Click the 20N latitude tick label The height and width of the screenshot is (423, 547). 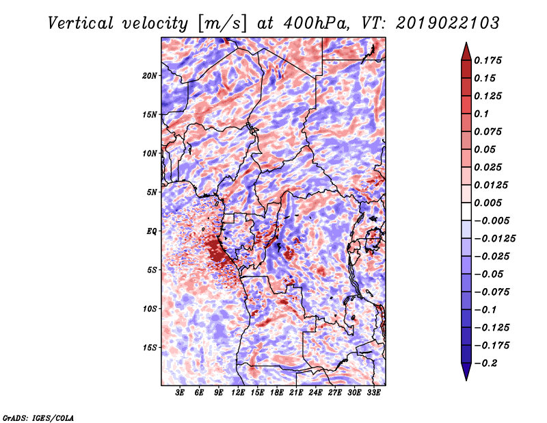pos(150,76)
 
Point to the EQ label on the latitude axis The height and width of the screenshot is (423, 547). pos(152,231)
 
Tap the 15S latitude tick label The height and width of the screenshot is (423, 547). pos(150,348)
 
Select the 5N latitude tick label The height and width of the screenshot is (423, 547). pos(152,192)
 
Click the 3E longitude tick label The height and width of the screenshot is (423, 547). pos(180,393)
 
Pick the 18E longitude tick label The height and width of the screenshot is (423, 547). pos(277,393)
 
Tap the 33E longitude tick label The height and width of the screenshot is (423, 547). pos(373,393)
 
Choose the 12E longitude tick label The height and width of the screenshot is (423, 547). pos(238,393)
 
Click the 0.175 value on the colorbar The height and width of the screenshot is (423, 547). pos(488,60)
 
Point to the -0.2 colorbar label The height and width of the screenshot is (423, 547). pos(485,363)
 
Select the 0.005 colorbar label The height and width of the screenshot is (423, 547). pos(488,203)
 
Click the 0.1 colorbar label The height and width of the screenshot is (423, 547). pos(482,114)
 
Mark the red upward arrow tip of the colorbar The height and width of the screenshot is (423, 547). pos(466,42)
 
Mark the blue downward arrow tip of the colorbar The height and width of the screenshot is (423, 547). pos(466,380)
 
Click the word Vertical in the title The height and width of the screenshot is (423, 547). pos(81,23)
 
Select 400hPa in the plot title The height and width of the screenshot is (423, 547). pos(317,23)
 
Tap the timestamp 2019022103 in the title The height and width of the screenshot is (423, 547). pos(448,23)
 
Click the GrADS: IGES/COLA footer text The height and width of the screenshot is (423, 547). pos(38,418)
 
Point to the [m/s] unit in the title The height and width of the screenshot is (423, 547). pos(222,23)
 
